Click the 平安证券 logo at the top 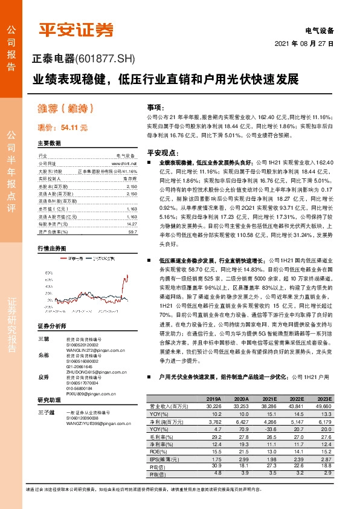pyautogui.click(x=76, y=29)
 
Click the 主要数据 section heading pyautogui.click(x=49, y=144)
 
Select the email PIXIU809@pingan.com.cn pyautogui.click(x=91, y=394)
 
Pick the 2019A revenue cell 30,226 pyautogui.click(x=213, y=407)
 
